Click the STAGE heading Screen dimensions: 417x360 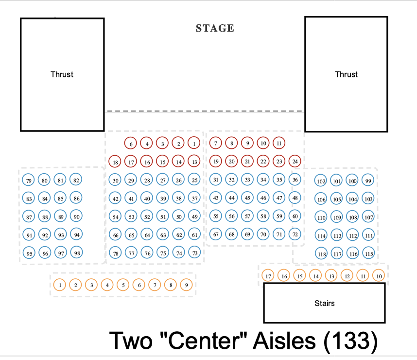(x=215, y=28)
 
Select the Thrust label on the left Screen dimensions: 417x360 (x=62, y=74)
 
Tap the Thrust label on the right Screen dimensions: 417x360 (x=346, y=74)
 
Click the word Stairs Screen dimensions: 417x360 (x=324, y=303)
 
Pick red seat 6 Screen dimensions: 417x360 (x=131, y=144)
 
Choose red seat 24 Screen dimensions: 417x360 (x=295, y=161)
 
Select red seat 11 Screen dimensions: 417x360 (x=278, y=143)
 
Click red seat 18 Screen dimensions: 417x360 (x=115, y=162)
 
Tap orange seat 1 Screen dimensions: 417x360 (x=59, y=285)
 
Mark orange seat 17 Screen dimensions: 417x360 (x=268, y=276)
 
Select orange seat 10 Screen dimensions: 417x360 (x=379, y=276)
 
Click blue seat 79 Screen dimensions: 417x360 (x=29, y=181)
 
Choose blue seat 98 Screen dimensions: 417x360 (x=76, y=253)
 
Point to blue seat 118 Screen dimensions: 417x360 (x=321, y=254)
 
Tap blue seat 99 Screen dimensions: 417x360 (x=368, y=181)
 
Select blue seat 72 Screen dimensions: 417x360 (x=295, y=234)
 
